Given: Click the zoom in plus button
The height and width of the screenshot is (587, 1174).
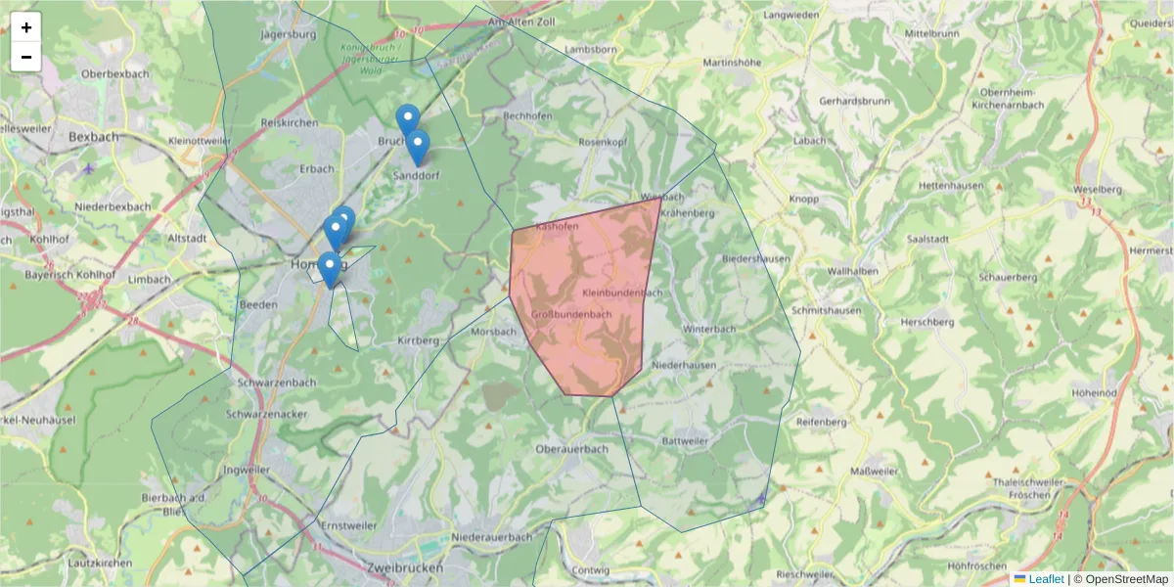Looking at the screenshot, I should (26, 27).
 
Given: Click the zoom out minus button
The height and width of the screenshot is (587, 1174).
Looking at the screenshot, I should (26, 57).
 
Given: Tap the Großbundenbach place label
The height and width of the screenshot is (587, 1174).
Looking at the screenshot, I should (571, 314).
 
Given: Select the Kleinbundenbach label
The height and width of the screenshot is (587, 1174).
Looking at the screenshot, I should (622, 293).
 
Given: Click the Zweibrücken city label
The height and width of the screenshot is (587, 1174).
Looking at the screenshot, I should (402, 567).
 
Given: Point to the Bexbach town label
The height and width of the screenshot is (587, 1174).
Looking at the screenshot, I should (94, 137).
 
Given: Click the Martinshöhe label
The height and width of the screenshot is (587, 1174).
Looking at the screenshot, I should (732, 63).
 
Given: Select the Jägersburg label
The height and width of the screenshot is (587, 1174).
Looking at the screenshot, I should (290, 34).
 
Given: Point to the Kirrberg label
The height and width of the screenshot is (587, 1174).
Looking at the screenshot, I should (417, 340).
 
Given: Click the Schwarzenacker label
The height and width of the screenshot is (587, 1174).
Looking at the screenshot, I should (266, 414).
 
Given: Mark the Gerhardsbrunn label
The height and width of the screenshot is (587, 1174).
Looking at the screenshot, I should (854, 101).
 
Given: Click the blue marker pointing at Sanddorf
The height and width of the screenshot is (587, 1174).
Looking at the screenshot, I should (418, 147).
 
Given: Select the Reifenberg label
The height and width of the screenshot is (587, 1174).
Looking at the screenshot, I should (820, 422).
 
